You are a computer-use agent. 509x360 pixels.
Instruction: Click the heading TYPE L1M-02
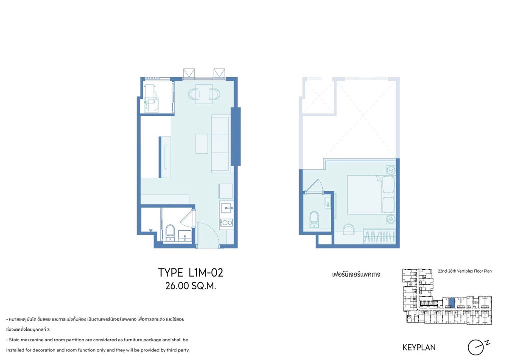pyautogui.click(x=190, y=273)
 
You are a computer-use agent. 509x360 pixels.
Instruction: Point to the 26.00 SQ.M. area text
pyautogui.click(x=190, y=286)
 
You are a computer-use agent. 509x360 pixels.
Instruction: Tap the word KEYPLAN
pyautogui.click(x=419, y=348)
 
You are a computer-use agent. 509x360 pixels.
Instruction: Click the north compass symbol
pyautogui.click(x=478, y=347)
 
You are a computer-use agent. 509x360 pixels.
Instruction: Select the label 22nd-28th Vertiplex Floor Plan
pyautogui.click(x=465, y=271)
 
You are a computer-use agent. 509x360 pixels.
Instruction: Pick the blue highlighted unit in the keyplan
pyautogui.click(x=453, y=303)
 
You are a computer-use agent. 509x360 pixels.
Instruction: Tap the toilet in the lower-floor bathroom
pyautogui.click(x=170, y=233)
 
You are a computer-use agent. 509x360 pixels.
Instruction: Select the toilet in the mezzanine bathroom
pyautogui.click(x=314, y=219)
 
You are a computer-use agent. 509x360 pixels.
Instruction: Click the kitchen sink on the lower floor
pyautogui.click(x=227, y=208)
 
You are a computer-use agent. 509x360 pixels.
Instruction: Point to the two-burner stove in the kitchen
pyautogui.click(x=227, y=222)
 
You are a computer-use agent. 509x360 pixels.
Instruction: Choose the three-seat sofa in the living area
pyautogui.click(x=220, y=144)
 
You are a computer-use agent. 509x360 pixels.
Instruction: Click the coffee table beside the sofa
pyautogui.click(x=201, y=144)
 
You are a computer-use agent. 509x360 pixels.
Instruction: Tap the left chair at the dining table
pyautogui.click(x=194, y=94)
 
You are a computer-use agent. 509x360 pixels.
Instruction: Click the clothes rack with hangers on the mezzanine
pyautogui.click(x=380, y=236)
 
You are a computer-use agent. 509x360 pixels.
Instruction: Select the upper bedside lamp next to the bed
pyautogui.click(x=391, y=170)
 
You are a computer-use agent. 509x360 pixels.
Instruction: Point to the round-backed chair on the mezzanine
pyautogui.click(x=349, y=229)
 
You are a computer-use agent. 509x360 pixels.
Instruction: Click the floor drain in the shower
pyautogui.click(x=151, y=230)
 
